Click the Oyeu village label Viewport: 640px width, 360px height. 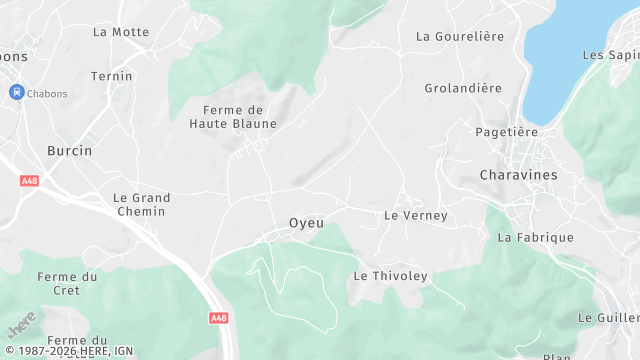pyautogui.click(x=306, y=223)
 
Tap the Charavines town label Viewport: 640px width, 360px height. pyautogui.click(x=518, y=174)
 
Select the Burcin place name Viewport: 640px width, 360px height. pyautogui.click(x=69, y=151)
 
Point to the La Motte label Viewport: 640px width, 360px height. pyautogui.click(x=121, y=32)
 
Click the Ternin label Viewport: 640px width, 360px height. pyautogui.click(x=111, y=76)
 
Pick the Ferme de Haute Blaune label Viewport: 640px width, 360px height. pyautogui.click(x=233, y=117)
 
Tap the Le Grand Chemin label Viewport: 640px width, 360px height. pyautogui.click(x=141, y=205)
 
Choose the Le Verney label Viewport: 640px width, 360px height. pyautogui.click(x=416, y=216)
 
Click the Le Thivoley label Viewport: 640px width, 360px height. pyautogui.click(x=390, y=276)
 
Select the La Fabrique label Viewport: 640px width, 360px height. pyautogui.click(x=536, y=238)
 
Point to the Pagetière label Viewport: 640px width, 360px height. pyautogui.click(x=506, y=132)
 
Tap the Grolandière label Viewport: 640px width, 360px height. pyautogui.click(x=463, y=88)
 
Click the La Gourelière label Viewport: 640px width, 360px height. pyautogui.click(x=457, y=37)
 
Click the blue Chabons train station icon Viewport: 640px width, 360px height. pyautogui.click(x=16, y=92)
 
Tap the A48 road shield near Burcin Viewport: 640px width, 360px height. pyautogui.click(x=28, y=181)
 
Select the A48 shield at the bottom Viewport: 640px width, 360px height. pyautogui.click(x=219, y=318)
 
